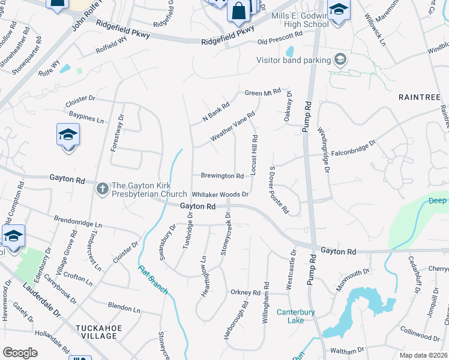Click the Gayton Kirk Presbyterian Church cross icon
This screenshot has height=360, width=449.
[x=102, y=189]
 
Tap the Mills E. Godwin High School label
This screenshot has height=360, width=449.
[x=300, y=20]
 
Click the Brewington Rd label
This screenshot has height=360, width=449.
[x=222, y=176]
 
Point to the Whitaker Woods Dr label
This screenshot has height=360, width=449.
[x=220, y=194]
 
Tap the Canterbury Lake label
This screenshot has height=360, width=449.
[x=291, y=316]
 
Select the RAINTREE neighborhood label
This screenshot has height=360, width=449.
[x=418, y=97]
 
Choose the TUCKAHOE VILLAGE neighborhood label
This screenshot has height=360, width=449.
[x=97, y=332]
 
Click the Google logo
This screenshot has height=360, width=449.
[x=20, y=353]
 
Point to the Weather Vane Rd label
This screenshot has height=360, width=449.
[x=233, y=127]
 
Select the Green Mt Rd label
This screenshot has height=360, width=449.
[x=263, y=92]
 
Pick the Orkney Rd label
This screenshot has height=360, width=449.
[x=245, y=293]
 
